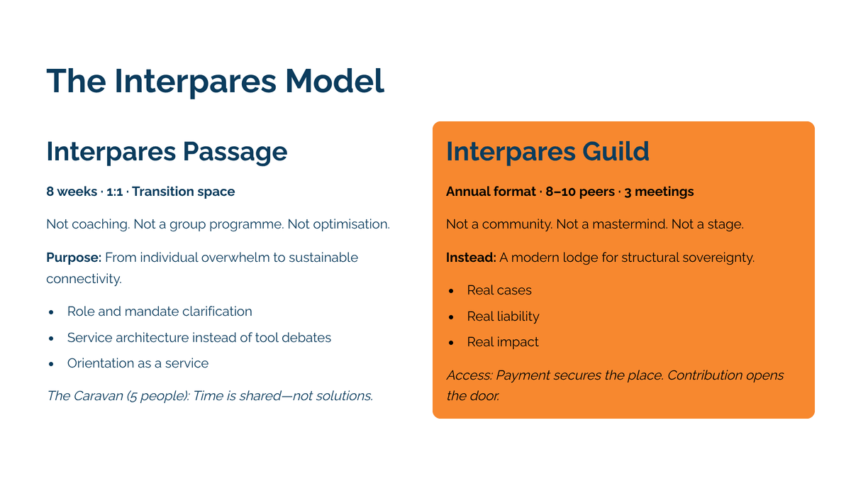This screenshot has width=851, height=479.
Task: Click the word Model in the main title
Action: point(335,81)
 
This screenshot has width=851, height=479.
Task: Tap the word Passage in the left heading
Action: point(235,152)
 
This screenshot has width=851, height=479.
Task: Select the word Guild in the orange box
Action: point(616,151)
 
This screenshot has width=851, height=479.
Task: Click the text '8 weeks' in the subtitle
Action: point(72,191)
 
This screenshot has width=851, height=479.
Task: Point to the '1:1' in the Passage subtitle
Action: point(114,192)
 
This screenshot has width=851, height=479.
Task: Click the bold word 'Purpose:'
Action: point(74,258)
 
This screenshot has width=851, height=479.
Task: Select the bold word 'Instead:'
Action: point(471,258)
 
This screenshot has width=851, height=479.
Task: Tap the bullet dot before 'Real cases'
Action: point(451,291)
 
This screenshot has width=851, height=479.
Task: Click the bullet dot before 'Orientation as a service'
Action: point(51,364)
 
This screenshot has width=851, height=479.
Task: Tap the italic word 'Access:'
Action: point(469,375)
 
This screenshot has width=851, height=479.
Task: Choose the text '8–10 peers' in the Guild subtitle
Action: point(580,192)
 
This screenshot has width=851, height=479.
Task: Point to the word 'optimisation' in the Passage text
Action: point(352,224)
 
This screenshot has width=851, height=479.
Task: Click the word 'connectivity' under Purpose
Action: point(84,279)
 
